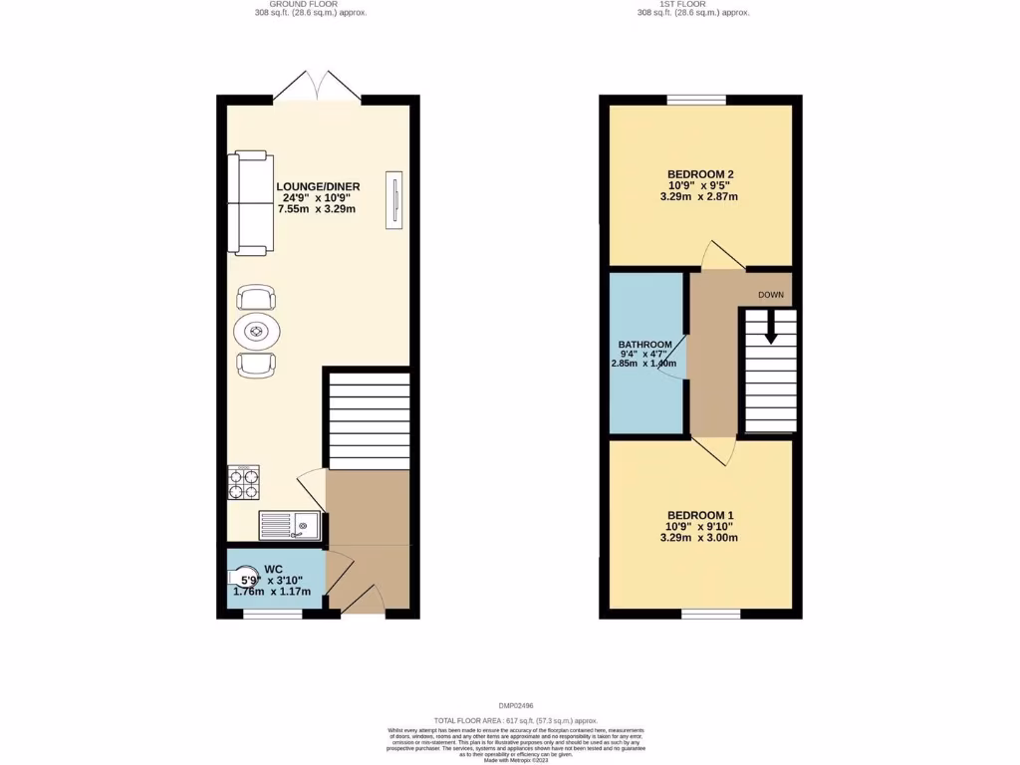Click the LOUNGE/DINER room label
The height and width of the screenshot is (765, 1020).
tap(318, 186)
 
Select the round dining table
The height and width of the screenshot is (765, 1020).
tap(257, 331)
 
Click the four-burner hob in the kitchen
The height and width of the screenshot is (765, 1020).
tap(244, 483)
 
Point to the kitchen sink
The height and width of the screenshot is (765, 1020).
tap(289, 524)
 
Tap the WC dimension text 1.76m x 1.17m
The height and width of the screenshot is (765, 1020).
tap(272, 592)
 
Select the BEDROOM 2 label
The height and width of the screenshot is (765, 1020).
tap(700, 174)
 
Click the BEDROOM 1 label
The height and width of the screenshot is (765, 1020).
tap(700, 515)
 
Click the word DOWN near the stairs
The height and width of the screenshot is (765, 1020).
tap(770, 295)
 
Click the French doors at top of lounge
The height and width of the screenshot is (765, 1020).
tap(317, 89)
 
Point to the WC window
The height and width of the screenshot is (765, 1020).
tap(273, 615)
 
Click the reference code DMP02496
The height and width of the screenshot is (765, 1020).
tap(515, 705)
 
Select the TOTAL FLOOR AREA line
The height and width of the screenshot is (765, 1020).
tap(515, 719)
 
